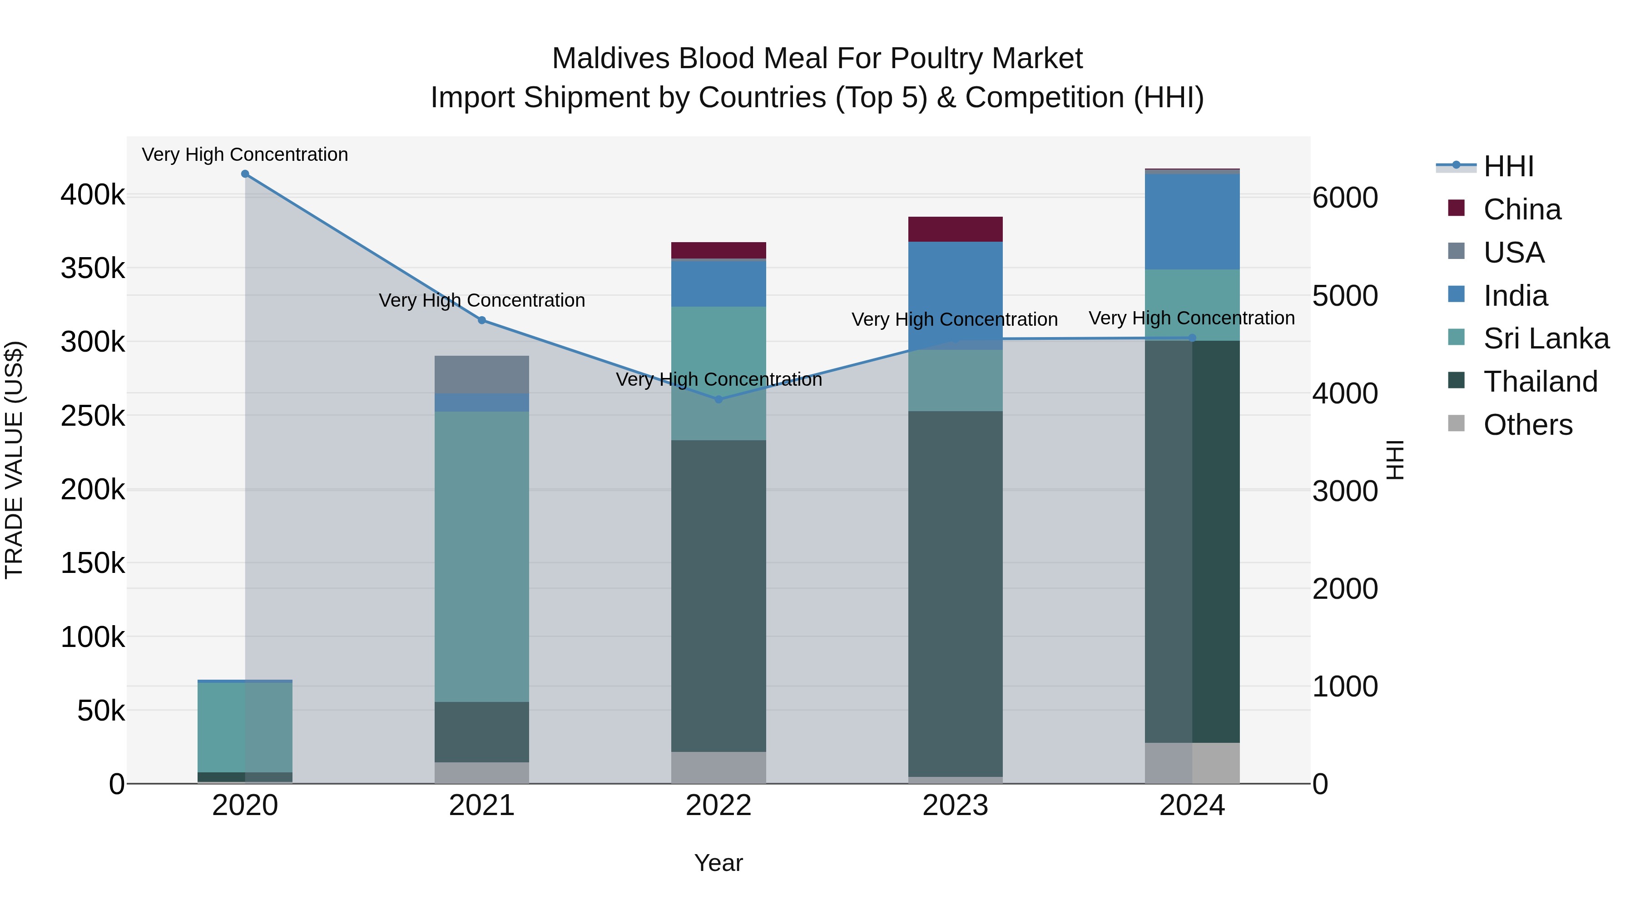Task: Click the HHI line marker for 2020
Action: point(245,174)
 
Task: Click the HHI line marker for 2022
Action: point(718,399)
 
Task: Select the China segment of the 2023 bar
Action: point(955,229)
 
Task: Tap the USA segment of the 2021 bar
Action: point(482,375)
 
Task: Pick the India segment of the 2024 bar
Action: point(1192,222)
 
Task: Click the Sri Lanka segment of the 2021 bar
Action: point(482,556)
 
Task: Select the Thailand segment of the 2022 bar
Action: point(718,596)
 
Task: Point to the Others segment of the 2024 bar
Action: point(1192,762)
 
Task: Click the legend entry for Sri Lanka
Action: point(1546,338)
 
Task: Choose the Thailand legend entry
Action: point(1540,382)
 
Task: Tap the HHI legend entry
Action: point(1508,166)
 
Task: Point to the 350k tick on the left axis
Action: point(93,268)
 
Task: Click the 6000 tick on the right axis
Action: point(1345,198)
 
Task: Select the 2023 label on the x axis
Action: point(955,806)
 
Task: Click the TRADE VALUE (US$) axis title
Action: point(14,460)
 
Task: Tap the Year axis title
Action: point(718,863)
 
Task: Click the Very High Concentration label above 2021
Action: point(482,300)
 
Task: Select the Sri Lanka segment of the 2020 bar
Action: point(245,727)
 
